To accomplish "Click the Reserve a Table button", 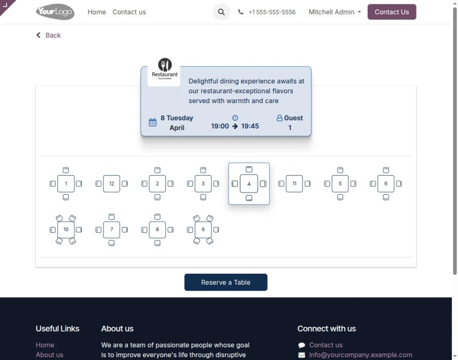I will [x=226, y=283].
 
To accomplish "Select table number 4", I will [x=249, y=184].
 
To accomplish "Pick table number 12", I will [x=111, y=184].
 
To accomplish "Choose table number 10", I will [x=65, y=230].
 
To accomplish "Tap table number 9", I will [x=203, y=230].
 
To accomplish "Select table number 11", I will [x=294, y=184].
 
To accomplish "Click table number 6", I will [x=385, y=184].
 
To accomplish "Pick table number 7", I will [x=111, y=230].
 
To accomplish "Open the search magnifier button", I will [x=221, y=12].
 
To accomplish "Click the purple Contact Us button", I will [x=391, y=12].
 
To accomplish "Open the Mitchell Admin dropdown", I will [x=335, y=12].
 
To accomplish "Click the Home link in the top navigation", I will [x=97, y=12].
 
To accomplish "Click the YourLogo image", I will [x=55, y=11].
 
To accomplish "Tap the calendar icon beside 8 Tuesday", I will [x=153, y=123].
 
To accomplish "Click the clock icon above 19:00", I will [x=235, y=118].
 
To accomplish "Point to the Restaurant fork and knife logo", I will [x=164, y=65].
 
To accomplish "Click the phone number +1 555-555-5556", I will [x=272, y=12].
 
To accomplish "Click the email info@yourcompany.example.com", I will [x=360, y=355].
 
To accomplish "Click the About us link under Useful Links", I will [x=50, y=355].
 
